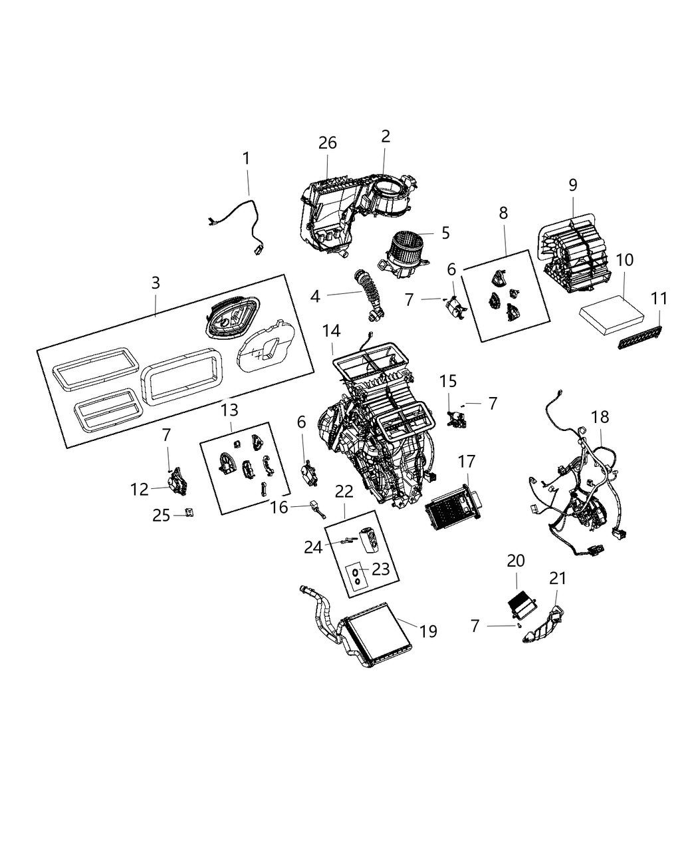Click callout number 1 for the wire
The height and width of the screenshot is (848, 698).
point(247,158)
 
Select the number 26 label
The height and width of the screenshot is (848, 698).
point(327,142)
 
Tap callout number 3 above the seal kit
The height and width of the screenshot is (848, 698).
point(155,283)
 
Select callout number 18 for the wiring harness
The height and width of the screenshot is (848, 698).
point(600,417)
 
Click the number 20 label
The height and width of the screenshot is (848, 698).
point(516,561)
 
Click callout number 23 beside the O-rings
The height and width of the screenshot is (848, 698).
point(380,569)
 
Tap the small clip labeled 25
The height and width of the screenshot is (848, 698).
point(189,513)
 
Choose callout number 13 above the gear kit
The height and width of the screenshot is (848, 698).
point(230,410)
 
